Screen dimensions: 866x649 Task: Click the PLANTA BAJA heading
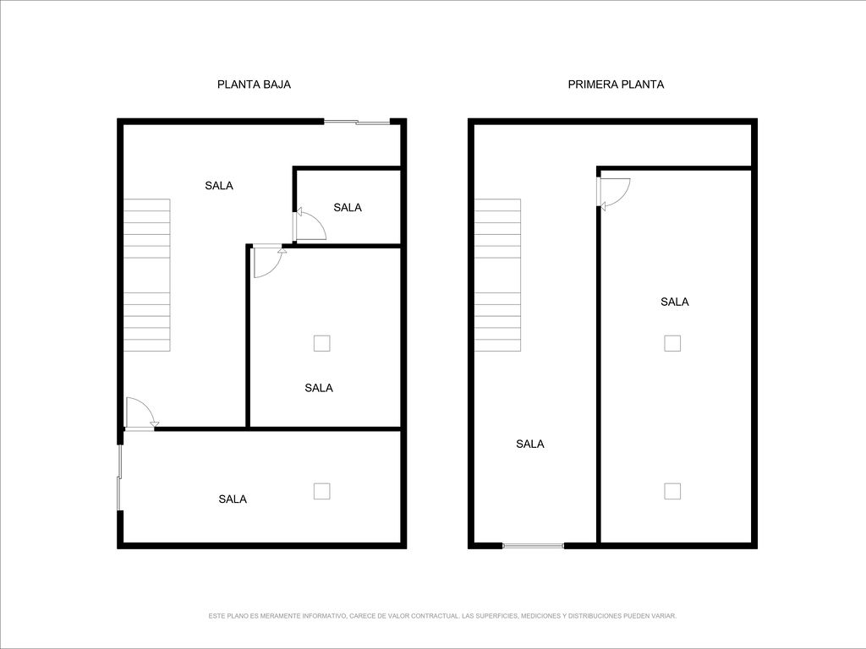(x=254, y=85)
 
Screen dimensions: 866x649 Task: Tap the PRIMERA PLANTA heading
(x=616, y=85)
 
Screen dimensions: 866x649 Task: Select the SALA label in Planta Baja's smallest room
(x=348, y=208)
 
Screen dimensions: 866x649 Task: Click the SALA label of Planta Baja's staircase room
(x=219, y=185)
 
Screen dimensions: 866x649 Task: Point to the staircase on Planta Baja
(x=146, y=275)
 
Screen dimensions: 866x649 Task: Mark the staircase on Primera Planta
(x=497, y=275)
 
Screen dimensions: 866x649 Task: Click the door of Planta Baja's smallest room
(x=310, y=224)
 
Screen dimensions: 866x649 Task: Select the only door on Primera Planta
(x=614, y=194)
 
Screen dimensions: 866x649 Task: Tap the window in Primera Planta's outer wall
(x=533, y=546)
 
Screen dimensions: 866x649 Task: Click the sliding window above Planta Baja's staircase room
(x=357, y=122)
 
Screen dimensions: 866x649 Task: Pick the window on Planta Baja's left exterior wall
(x=119, y=477)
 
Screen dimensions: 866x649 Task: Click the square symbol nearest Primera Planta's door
(x=672, y=343)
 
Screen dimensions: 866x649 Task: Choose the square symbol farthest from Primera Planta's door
(x=672, y=491)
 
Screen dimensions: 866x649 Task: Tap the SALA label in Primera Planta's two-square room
(x=674, y=302)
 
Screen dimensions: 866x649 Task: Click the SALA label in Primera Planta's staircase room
(x=530, y=444)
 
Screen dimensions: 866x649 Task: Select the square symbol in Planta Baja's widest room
(x=322, y=491)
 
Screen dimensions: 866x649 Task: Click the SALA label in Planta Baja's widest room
(x=233, y=499)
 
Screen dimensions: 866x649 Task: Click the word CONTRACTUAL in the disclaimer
(x=436, y=616)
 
